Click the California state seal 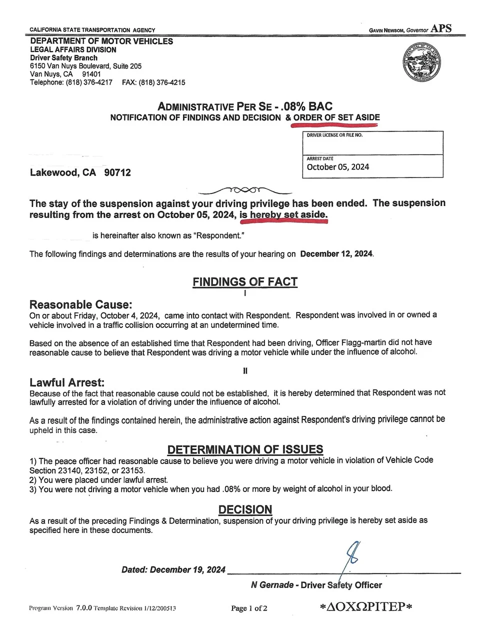[x=422, y=62]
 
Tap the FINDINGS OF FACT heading [x=245, y=282]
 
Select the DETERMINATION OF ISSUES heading [x=245, y=449]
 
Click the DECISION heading [x=245, y=509]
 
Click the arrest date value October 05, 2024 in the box [x=338, y=167]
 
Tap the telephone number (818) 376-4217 [x=89, y=82]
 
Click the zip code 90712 [x=117, y=173]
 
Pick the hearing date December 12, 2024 [x=336, y=254]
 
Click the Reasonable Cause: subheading [x=81, y=304]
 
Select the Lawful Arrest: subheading [x=67, y=382]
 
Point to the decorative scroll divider [x=245, y=190]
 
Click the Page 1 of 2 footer [x=249, y=608]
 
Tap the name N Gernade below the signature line [x=272, y=585]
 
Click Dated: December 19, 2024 [x=173, y=570]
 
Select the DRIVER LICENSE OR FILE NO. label [x=334, y=135]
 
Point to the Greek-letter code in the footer [x=366, y=607]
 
